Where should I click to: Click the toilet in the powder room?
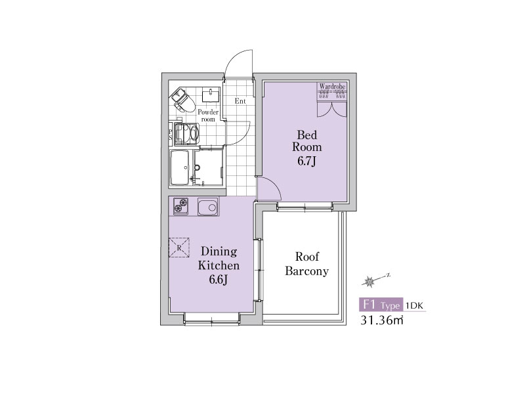pyautogui.click(x=183, y=100)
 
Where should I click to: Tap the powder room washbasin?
pyautogui.click(x=211, y=95)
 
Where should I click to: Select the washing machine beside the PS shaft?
pyautogui.click(x=186, y=134)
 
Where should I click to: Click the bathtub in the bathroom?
pyautogui.click(x=180, y=167)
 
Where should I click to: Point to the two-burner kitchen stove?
pyautogui.click(x=181, y=206)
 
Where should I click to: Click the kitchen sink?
pyautogui.click(x=208, y=207)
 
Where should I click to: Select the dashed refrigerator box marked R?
pyautogui.click(x=178, y=248)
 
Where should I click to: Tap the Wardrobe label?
pyautogui.click(x=332, y=87)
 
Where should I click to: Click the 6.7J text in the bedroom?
pyautogui.click(x=306, y=162)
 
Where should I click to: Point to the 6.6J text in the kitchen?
pyautogui.click(x=219, y=279)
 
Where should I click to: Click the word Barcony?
pyautogui.click(x=306, y=271)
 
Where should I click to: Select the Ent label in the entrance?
pyautogui.click(x=240, y=101)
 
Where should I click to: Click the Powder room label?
pyautogui.click(x=208, y=116)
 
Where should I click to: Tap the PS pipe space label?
pyautogui.click(x=171, y=135)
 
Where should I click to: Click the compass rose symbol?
pyautogui.click(x=369, y=282)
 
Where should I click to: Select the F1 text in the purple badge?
pyautogui.click(x=369, y=305)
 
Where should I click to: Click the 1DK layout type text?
pyautogui.click(x=415, y=305)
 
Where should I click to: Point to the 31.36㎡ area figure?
pyautogui.click(x=382, y=320)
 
